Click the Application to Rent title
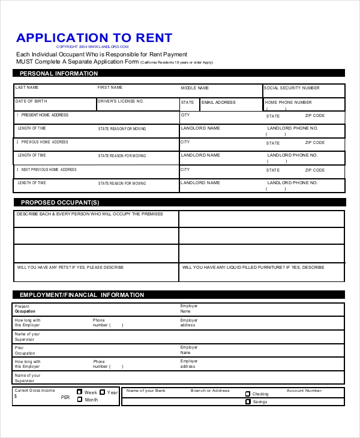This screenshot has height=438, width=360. click(x=94, y=38)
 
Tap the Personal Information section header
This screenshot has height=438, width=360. click(x=59, y=73)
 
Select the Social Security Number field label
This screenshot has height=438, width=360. click(x=292, y=88)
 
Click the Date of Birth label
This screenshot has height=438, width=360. click(x=31, y=101)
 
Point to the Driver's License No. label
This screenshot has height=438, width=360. click(x=121, y=101)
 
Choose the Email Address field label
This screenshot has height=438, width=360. click(x=218, y=103)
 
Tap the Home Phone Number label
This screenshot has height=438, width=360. click(x=289, y=103)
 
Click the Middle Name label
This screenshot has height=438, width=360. click(x=195, y=88)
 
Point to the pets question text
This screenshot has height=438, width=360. click(x=70, y=267)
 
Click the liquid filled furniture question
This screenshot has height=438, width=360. click(x=253, y=267)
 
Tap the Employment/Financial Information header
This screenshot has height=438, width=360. click(x=82, y=295)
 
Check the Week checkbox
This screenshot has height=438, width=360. click(x=80, y=392)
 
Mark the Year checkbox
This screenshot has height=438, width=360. click(x=102, y=392)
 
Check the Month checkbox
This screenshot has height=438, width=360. click(x=80, y=400)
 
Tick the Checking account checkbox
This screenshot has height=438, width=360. click(x=248, y=394)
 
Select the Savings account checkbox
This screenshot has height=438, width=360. click(x=248, y=402)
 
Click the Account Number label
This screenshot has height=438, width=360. click(x=304, y=391)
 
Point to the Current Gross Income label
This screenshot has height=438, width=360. click(x=34, y=391)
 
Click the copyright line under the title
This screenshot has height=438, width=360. click(x=93, y=46)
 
